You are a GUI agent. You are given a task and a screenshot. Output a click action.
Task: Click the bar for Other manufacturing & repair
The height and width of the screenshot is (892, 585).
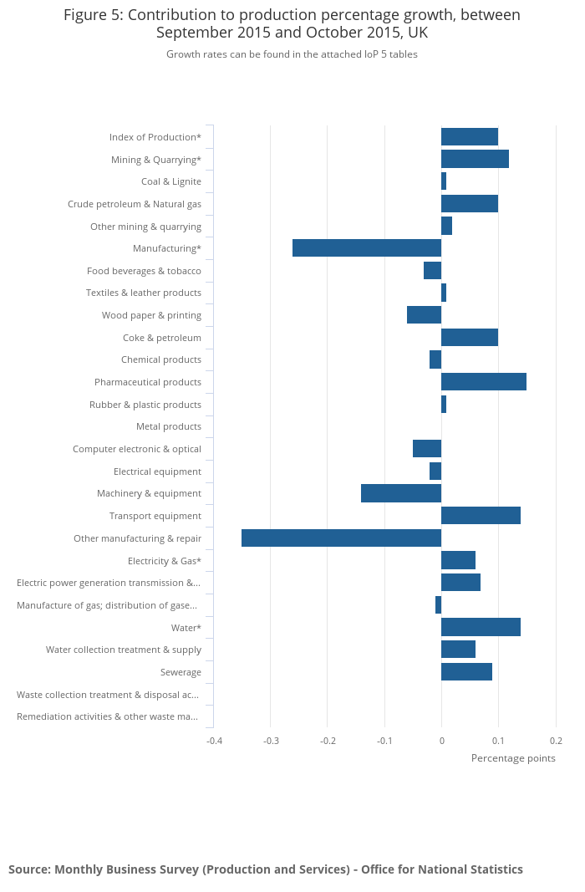[x=341, y=538]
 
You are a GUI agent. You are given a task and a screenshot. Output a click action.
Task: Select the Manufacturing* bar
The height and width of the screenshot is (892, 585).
[x=367, y=248]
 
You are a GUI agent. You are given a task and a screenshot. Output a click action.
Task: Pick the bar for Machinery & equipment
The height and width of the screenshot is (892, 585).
[x=401, y=493]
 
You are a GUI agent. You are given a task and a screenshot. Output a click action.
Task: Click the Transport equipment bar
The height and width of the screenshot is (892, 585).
[x=481, y=516]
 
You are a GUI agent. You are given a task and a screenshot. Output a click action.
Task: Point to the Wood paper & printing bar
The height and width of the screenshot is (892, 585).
[x=424, y=315]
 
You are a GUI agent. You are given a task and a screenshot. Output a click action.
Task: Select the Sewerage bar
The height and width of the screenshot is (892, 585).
[x=466, y=672]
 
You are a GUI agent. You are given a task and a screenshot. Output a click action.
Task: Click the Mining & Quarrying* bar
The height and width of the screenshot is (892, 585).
[x=475, y=159]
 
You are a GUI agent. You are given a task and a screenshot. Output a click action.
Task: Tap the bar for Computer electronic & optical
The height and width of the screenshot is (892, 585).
[x=427, y=449]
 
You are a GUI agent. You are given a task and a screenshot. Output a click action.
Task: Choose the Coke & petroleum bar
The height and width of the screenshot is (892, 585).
[x=470, y=338]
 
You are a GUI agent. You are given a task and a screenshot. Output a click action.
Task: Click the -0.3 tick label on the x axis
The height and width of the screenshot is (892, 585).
[x=271, y=741]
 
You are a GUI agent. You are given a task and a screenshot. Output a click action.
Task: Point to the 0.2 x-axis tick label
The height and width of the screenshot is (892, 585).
[x=556, y=741]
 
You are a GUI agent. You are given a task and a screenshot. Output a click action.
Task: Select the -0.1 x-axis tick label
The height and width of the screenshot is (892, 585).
[x=384, y=741]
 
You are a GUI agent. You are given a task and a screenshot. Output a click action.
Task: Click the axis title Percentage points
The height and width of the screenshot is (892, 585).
[x=513, y=758]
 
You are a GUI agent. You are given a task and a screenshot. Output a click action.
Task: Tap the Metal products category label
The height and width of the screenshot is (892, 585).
[x=169, y=427]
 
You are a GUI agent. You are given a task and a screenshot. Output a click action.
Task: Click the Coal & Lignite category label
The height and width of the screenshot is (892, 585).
[x=171, y=181]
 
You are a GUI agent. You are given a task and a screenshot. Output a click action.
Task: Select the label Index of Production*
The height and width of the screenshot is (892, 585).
[x=155, y=137]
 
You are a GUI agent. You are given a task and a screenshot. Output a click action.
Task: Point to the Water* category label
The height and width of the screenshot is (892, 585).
[x=186, y=628]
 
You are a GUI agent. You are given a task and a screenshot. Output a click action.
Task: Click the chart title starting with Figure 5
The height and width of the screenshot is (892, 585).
[x=292, y=24]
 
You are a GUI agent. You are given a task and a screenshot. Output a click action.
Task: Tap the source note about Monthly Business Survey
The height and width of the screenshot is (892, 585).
[x=266, y=869]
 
